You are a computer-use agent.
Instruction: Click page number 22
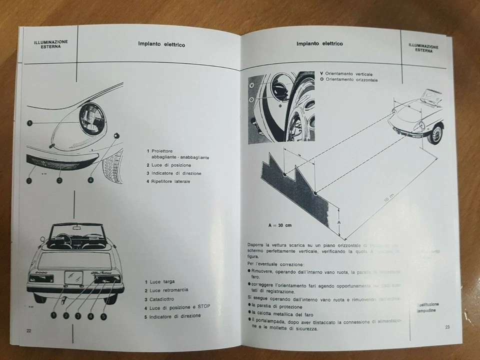29,331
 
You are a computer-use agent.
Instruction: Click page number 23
447,327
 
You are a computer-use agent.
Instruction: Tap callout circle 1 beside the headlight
29,122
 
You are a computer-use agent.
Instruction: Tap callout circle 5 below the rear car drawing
103,316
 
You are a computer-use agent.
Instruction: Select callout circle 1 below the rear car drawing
52,315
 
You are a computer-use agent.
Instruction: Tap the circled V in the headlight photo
252,85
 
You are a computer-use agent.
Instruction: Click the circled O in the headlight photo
252,100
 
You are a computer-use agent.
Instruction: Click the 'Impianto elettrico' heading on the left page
161,44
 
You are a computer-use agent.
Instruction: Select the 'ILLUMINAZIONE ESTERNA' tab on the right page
423,48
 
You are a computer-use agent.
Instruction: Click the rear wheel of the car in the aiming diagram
437,133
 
